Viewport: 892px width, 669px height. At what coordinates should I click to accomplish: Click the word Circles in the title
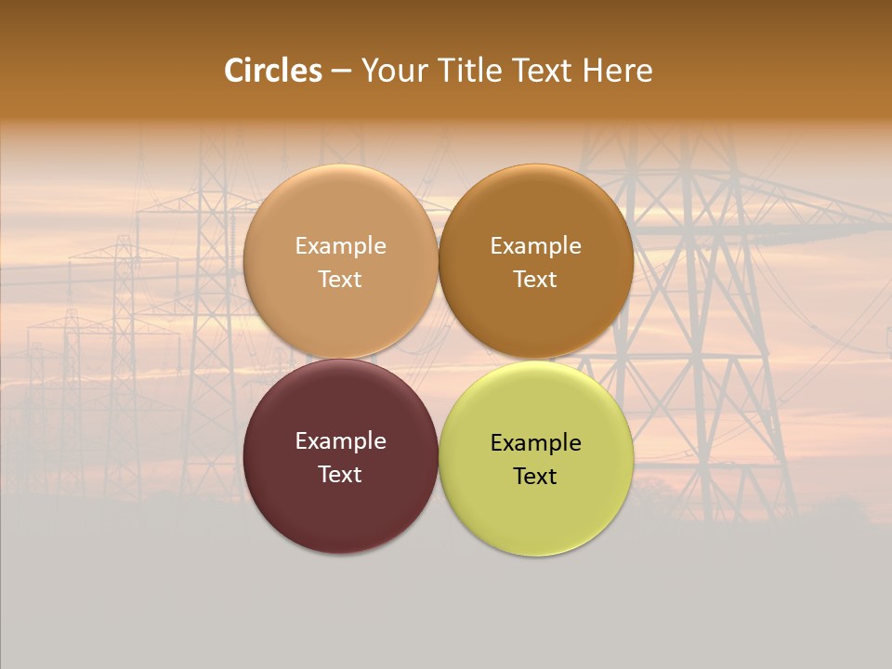[x=273, y=71]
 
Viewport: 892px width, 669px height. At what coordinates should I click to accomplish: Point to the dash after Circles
[x=341, y=72]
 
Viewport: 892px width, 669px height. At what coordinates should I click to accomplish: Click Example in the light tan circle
[x=340, y=246]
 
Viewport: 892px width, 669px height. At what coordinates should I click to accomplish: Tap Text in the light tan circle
[x=340, y=279]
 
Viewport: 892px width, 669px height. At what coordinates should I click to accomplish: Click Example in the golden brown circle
[x=535, y=246]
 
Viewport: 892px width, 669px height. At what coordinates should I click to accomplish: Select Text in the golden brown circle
[x=535, y=279]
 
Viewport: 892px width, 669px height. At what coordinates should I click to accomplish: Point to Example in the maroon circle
[x=340, y=441]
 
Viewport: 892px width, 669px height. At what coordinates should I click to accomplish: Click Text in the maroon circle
[x=340, y=474]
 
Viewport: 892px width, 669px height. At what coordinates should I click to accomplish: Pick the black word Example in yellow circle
[x=535, y=443]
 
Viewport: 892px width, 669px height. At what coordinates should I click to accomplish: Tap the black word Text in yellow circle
[x=535, y=476]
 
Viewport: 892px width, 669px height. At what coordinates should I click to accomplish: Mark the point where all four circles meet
[x=438, y=359]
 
